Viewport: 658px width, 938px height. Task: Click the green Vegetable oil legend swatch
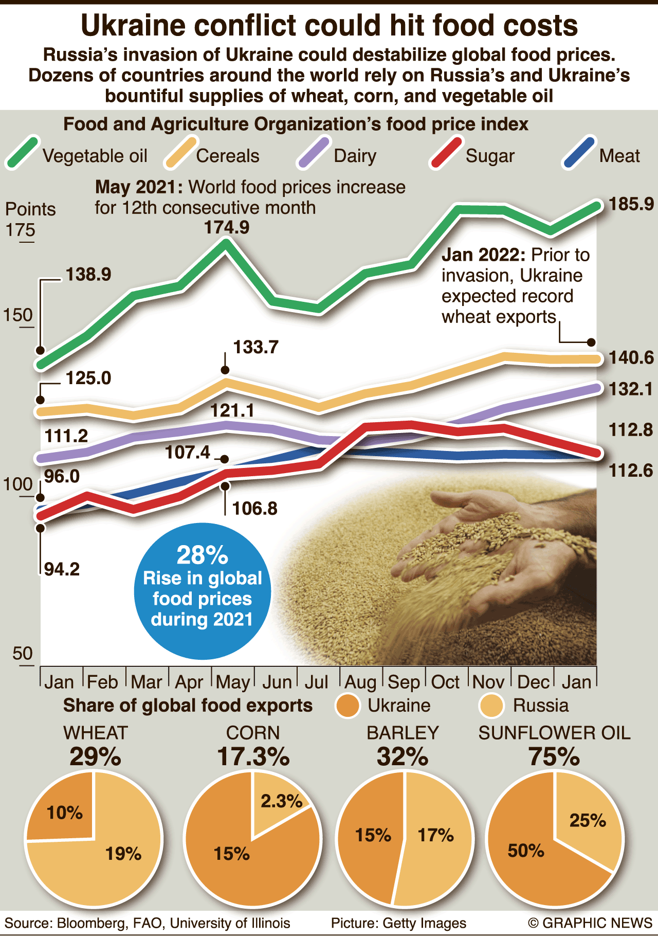point(22,152)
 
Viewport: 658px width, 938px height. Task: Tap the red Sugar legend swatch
point(446,152)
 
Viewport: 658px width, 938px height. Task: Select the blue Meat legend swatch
point(579,152)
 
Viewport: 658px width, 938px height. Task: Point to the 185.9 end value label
point(631,204)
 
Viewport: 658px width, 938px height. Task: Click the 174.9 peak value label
point(227,227)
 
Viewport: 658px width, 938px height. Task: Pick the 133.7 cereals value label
point(255,347)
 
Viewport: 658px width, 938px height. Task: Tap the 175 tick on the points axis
point(20,230)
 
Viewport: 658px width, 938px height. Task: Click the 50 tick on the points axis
point(22,654)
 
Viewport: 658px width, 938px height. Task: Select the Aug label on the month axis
point(360,682)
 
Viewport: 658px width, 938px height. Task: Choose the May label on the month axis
point(233,682)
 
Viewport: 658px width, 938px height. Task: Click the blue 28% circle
point(202,591)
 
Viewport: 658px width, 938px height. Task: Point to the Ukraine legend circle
point(348,706)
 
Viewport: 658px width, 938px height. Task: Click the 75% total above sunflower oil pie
point(554,756)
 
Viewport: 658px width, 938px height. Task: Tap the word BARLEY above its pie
point(403,733)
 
